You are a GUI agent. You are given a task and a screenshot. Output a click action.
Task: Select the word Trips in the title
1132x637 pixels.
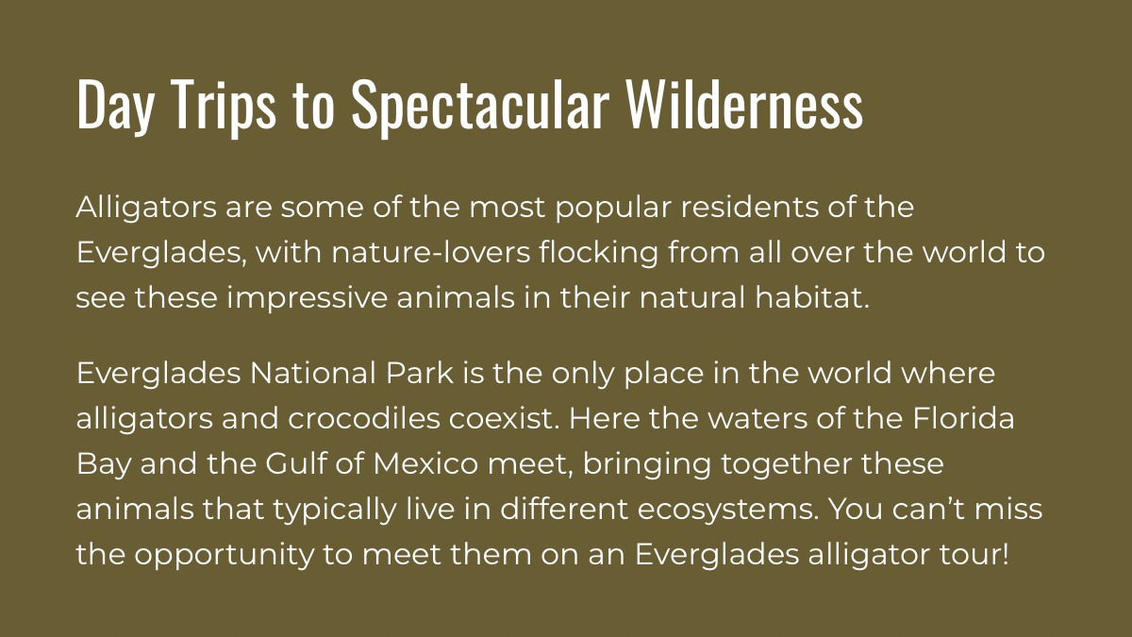(x=225, y=105)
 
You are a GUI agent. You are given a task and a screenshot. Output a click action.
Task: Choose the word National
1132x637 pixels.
(x=312, y=374)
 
